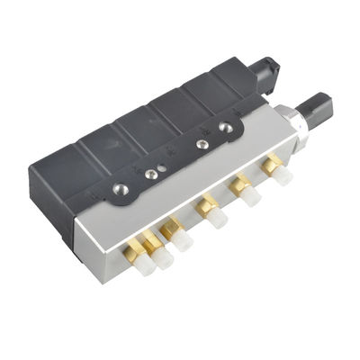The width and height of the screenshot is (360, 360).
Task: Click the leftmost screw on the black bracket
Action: tap(120, 190)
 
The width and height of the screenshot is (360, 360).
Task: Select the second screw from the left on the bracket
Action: tap(161, 166)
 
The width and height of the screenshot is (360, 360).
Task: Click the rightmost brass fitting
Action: tap(270, 165)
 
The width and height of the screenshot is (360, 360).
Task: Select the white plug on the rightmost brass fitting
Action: tap(282, 175)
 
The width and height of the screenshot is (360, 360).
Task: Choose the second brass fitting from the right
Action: tap(240, 184)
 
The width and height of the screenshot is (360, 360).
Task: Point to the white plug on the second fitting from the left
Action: tap(184, 241)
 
